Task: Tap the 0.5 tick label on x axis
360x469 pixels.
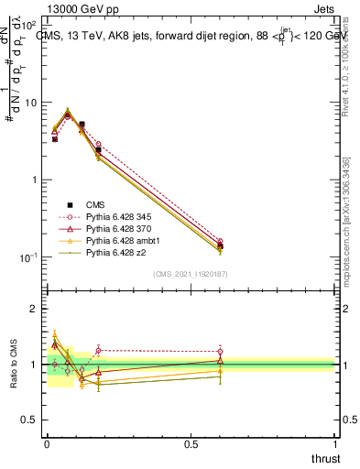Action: (191, 444)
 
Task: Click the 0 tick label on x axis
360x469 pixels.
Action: (47, 444)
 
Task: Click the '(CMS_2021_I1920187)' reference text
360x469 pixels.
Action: (190, 274)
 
